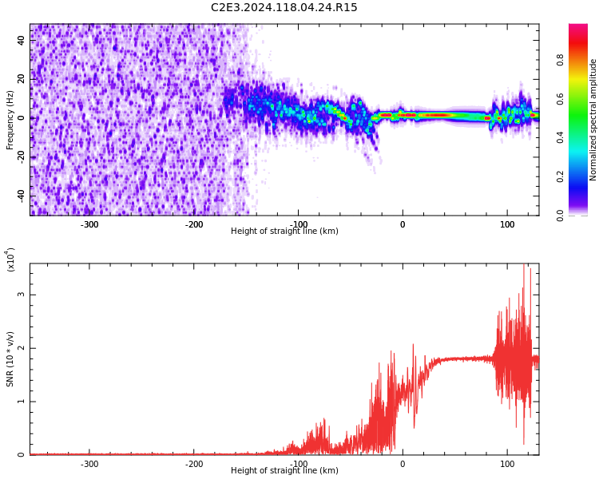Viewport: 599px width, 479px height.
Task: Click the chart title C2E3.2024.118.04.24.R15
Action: (x=284, y=8)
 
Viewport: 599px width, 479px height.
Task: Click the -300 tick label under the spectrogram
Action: (x=89, y=224)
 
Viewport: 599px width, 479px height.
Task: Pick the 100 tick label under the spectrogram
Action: (x=507, y=224)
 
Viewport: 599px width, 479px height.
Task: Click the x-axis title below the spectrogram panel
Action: (x=284, y=232)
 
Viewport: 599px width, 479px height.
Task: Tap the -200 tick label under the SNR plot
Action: (x=194, y=464)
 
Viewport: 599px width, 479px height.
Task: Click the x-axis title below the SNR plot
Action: (x=284, y=471)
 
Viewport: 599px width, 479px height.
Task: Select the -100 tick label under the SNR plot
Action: (x=299, y=464)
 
